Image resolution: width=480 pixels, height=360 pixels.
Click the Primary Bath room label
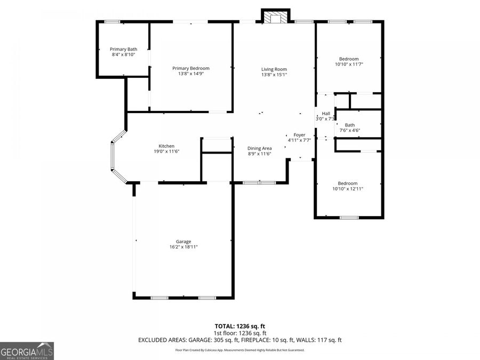pos(124,49)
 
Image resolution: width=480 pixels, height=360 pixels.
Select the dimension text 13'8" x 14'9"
pos(191,74)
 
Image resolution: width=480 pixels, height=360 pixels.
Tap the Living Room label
pos(274,69)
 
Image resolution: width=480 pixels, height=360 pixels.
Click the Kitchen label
pos(166,146)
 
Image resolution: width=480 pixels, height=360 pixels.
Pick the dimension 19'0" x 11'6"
pos(166,152)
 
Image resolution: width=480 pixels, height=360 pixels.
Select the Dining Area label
pos(260,148)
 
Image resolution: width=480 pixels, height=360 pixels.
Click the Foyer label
pos(300,135)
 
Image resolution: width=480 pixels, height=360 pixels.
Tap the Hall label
pos(326,114)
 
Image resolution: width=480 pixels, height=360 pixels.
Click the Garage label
pos(183,241)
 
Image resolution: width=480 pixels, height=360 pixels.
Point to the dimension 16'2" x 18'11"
pos(183,247)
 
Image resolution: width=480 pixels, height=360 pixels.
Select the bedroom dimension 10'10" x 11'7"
pos(349,65)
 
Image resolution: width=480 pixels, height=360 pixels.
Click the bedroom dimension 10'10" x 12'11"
pos(348,189)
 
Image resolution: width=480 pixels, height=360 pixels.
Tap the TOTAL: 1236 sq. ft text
pos(240,325)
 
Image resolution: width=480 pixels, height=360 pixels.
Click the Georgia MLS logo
pos(27,351)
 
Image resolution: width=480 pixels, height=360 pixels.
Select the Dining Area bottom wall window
pos(259,183)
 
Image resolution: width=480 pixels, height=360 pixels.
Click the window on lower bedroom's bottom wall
pos(349,217)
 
